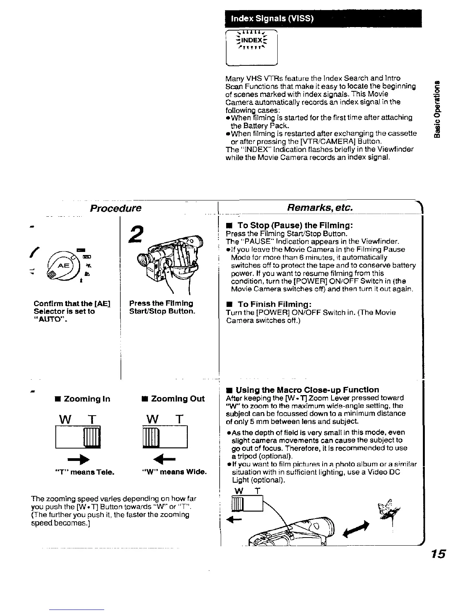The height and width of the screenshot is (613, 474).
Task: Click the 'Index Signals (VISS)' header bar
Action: point(323,19)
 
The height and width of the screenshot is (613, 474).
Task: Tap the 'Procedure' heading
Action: point(115,208)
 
